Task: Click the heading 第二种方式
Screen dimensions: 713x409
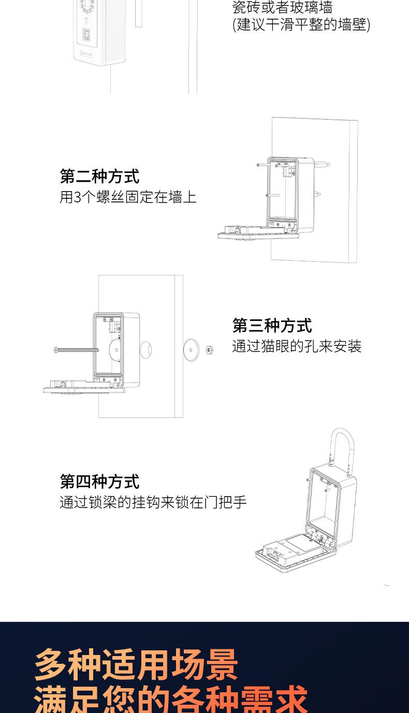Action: pos(99,176)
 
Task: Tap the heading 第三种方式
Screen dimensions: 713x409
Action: pos(272,326)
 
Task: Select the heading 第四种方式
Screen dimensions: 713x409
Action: pos(99,481)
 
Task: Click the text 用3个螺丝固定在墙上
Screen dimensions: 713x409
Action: pos(128,197)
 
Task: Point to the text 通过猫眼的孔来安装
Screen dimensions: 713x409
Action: pos(296,346)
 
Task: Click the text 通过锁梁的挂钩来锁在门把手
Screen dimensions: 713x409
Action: pos(153,502)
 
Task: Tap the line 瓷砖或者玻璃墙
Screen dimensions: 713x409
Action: pos(282,8)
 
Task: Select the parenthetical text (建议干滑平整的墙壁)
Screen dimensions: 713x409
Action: pos(301,24)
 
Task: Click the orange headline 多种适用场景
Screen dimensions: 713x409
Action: pos(136,665)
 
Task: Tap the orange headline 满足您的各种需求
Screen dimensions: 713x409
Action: pos(171,700)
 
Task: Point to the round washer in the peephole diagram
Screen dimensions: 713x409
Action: pos(192,350)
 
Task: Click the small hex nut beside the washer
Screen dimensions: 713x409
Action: pos(209,350)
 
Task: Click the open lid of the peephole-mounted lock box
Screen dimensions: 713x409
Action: pos(84,387)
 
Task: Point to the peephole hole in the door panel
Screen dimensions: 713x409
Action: pos(145,350)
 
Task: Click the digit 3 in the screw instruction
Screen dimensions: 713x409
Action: pos(78,197)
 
